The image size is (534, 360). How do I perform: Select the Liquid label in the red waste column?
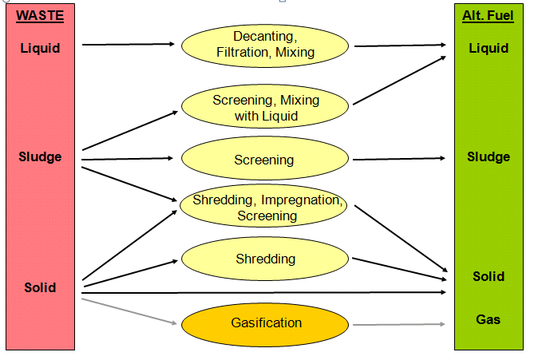point(40,48)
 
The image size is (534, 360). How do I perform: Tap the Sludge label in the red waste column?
point(40,156)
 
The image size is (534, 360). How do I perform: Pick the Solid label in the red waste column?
point(40,287)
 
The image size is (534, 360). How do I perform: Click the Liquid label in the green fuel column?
point(489,48)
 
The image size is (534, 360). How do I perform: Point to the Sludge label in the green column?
point(489,156)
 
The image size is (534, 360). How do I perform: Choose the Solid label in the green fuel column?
point(489,276)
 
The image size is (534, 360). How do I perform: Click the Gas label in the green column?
point(489,319)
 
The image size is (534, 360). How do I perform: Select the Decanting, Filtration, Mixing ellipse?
point(265,45)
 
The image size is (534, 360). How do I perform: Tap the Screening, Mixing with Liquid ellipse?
point(265,108)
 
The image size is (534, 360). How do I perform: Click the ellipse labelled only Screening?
point(265,160)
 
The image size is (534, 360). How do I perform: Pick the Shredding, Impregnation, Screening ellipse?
point(265,208)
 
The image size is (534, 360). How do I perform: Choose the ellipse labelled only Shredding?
point(265,259)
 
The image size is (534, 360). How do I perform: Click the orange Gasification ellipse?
point(265,323)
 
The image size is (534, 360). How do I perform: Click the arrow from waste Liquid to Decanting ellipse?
point(128,44)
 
